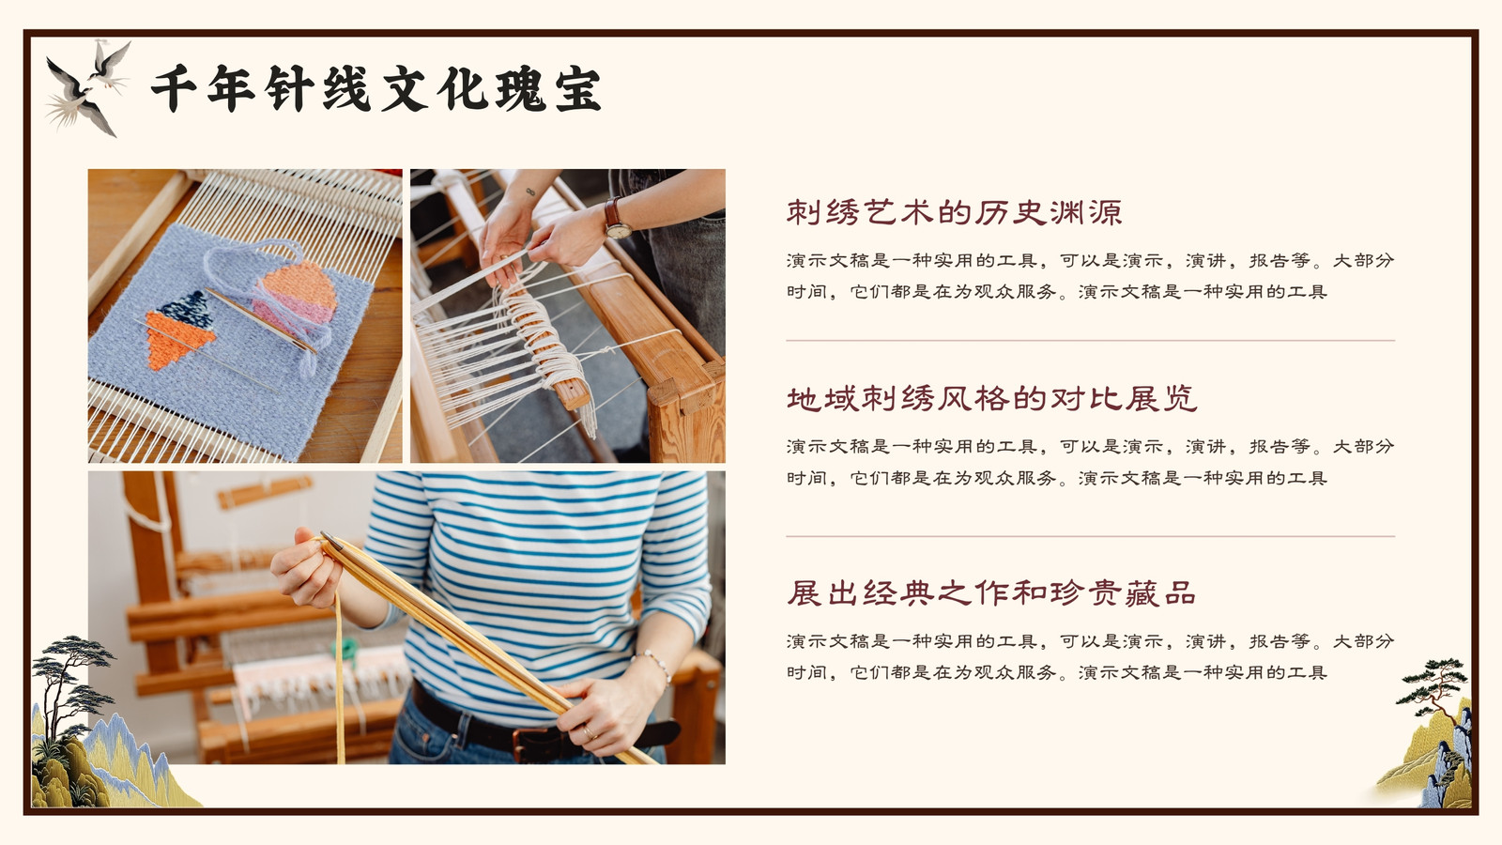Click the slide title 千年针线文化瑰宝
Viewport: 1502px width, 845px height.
click(x=375, y=88)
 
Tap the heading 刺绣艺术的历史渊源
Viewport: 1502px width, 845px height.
click(x=954, y=212)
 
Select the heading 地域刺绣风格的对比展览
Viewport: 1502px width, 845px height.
click(x=991, y=399)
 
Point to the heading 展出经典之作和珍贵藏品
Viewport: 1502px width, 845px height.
click(x=991, y=592)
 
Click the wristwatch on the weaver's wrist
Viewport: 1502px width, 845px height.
click(x=617, y=220)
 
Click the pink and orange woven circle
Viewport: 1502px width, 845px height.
click(x=299, y=295)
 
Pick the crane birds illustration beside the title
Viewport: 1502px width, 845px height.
click(x=88, y=87)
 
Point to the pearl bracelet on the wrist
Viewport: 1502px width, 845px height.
click(x=653, y=663)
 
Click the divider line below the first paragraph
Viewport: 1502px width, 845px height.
click(x=1090, y=341)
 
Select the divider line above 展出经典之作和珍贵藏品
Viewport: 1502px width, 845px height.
click(x=1090, y=536)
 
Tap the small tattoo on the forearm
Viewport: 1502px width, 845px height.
click(x=530, y=192)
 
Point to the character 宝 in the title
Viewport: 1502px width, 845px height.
click(x=577, y=88)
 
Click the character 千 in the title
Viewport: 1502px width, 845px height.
click(x=174, y=88)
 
